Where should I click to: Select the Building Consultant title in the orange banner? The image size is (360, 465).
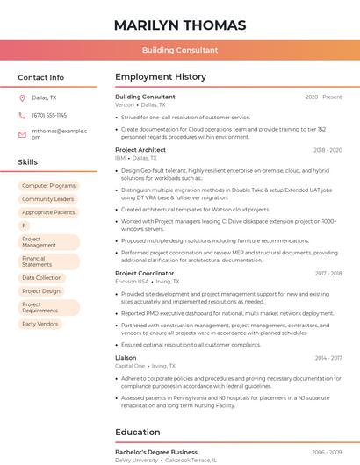click(x=179, y=50)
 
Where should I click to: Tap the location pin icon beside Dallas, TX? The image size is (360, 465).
click(x=22, y=97)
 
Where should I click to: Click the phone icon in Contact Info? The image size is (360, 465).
click(x=22, y=115)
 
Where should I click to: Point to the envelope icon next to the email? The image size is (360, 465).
click(x=22, y=134)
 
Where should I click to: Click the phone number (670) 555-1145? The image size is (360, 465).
click(x=49, y=115)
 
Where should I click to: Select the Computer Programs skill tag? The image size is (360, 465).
click(x=48, y=186)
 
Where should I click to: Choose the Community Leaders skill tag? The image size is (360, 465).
click(x=47, y=199)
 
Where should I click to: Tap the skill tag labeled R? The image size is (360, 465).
click(x=25, y=225)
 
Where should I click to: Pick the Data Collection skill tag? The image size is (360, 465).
click(x=41, y=277)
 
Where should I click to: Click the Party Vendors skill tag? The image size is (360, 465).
click(x=40, y=324)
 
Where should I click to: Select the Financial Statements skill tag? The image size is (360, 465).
click(x=37, y=261)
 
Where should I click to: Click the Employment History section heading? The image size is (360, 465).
click(x=160, y=77)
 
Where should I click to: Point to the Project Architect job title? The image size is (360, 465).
click(x=140, y=150)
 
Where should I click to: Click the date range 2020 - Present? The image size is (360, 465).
click(x=323, y=97)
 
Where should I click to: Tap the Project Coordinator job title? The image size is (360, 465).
click(x=144, y=273)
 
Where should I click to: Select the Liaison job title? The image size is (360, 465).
click(x=126, y=358)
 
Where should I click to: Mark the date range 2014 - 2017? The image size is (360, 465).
click(x=328, y=358)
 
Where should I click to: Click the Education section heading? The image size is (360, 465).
click(x=139, y=432)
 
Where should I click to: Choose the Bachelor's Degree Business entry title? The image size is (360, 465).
click(x=155, y=452)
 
